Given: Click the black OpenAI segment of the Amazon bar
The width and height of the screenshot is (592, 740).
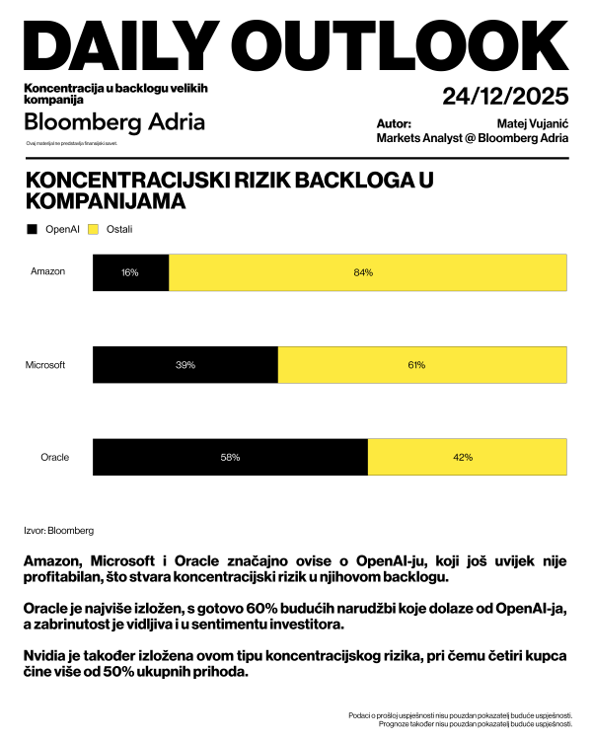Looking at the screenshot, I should coord(130,272).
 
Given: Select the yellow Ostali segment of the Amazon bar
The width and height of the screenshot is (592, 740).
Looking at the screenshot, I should coord(368,272).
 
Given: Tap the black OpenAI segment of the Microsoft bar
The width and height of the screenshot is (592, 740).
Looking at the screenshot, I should coord(185,365).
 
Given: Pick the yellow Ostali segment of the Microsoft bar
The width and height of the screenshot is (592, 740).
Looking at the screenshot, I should coord(422,365).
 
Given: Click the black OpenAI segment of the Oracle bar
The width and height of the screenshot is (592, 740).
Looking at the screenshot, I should coord(230,458).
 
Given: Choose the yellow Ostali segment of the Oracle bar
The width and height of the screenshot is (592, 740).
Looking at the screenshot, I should coord(468,458).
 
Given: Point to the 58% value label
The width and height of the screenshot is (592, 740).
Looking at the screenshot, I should coord(230,458).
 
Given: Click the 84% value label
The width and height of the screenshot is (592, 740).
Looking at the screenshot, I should coord(363,272).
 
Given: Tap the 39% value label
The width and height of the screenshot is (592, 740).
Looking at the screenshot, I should coord(185,365).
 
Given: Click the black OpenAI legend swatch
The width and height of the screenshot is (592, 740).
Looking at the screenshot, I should coord(33,229).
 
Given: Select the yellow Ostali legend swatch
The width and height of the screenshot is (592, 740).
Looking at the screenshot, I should coord(94,229).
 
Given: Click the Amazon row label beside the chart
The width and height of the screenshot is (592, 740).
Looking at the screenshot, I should coord(48,271).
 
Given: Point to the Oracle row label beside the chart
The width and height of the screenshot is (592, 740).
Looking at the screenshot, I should coord(54,458).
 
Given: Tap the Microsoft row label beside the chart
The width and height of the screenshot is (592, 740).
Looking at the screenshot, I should coord(45,365).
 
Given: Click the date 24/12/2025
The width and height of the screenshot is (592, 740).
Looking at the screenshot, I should coord(505,97).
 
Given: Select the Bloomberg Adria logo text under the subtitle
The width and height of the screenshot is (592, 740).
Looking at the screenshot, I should coord(114,122).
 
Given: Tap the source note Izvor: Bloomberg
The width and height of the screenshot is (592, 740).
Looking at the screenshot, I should coord(58,531).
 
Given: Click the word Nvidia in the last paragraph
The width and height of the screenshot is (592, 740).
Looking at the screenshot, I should coord(43,656).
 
